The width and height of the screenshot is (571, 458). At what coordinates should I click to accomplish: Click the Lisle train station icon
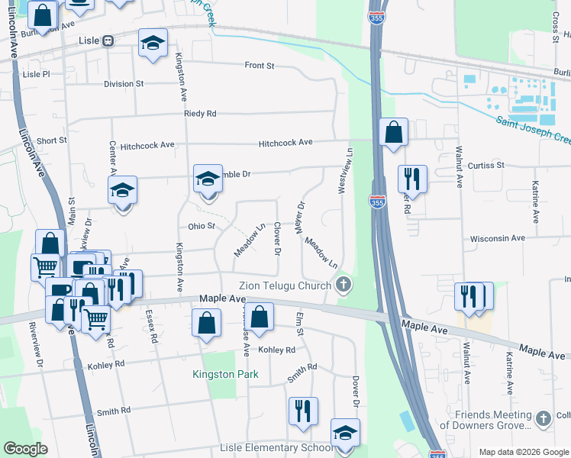108,41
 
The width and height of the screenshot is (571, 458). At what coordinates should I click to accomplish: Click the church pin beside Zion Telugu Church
344,285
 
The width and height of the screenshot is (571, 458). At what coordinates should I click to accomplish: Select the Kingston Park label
225,374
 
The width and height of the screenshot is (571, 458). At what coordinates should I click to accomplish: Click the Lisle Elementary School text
277,447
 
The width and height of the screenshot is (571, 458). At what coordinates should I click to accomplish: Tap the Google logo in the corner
26,449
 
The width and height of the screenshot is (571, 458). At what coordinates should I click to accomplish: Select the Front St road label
260,66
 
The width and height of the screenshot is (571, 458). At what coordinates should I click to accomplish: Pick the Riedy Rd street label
200,114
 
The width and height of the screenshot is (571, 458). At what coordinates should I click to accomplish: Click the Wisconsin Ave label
498,238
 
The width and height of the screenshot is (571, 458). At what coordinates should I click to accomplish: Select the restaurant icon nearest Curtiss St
411,179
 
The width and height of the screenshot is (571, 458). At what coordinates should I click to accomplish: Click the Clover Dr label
277,239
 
